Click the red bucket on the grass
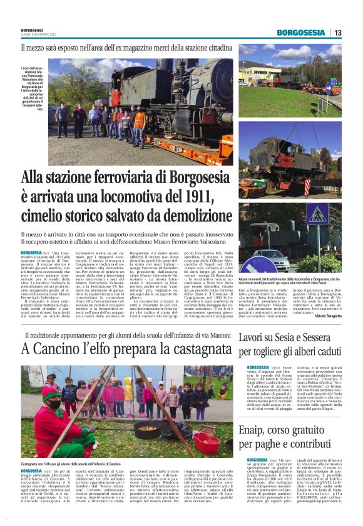pos(205,440)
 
